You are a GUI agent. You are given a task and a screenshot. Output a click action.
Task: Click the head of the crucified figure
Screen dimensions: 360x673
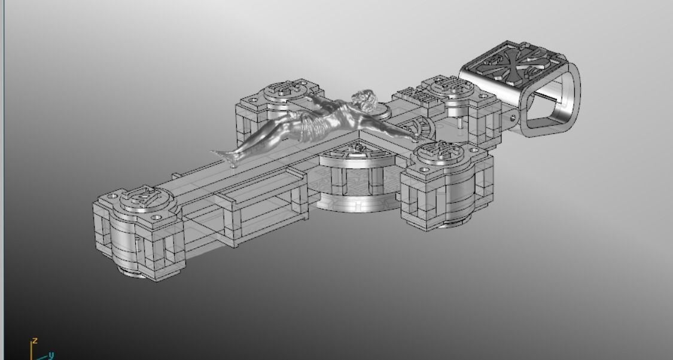point(364,97)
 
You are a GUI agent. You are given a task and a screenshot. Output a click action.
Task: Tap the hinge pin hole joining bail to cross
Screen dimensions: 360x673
point(513,115)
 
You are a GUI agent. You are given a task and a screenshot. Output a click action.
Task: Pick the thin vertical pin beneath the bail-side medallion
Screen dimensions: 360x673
point(459,122)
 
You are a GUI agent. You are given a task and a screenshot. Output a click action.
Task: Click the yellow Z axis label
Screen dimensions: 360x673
point(35,340)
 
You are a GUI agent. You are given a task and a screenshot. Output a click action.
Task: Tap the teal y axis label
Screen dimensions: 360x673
point(51,355)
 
